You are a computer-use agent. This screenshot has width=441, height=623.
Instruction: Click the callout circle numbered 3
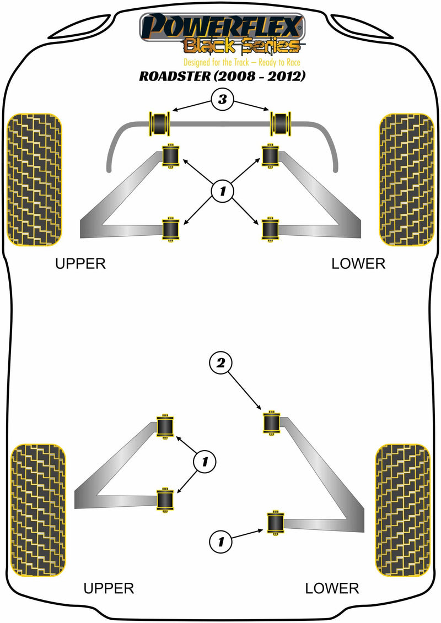point(222,100)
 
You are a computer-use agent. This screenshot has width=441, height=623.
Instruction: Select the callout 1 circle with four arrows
point(222,191)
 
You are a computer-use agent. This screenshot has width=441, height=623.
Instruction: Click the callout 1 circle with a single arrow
point(221,542)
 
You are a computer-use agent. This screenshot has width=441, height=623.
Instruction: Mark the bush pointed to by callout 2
point(270,423)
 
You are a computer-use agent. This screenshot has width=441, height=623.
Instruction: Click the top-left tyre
point(34,180)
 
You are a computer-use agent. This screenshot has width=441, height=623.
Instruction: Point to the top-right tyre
point(406,180)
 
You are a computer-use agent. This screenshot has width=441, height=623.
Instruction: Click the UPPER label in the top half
point(80,264)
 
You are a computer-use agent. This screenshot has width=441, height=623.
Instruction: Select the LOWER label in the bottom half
point(332,588)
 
